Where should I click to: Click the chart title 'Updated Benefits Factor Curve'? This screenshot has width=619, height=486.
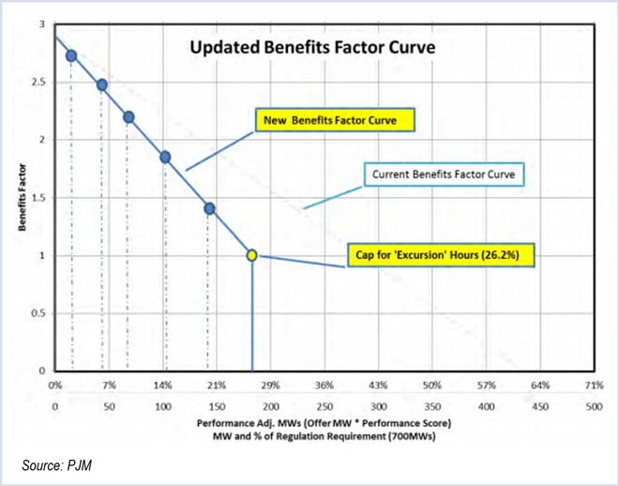[312, 47]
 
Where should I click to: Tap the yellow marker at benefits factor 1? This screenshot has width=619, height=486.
[251, 255]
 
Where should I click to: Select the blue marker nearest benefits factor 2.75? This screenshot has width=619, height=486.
[71, 55]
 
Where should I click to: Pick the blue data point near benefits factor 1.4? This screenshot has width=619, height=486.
[209, 208]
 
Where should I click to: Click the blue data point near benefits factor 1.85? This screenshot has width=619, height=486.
[165, 157]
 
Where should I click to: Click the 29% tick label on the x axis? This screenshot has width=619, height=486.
[271, 386]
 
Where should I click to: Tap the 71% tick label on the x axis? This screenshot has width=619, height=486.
[593, 386]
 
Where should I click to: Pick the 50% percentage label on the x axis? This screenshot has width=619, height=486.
[432, 386]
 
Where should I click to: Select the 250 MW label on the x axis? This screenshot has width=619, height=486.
[325, 406]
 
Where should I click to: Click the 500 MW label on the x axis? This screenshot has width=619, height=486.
[593, 406]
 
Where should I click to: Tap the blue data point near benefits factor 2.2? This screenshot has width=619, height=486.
[129, 117]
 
